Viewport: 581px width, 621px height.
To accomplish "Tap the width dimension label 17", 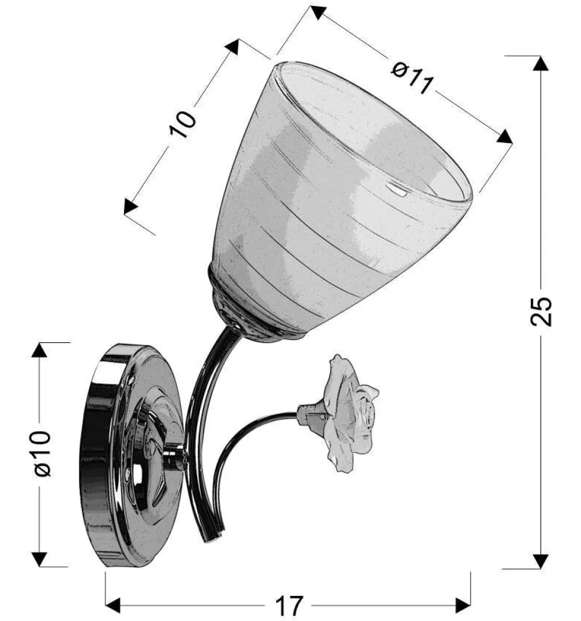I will point(289,605).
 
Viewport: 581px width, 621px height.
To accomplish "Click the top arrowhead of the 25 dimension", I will point(541,63).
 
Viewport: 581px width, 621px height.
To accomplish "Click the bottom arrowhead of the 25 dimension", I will point(541,561).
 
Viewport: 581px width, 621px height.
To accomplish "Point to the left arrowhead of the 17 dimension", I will point(113,605).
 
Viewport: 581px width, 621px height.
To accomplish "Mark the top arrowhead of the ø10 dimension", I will point(39,351).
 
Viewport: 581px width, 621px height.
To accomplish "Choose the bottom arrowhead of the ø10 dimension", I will point(39,559).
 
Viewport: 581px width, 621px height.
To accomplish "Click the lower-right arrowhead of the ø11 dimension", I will point(504,137).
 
